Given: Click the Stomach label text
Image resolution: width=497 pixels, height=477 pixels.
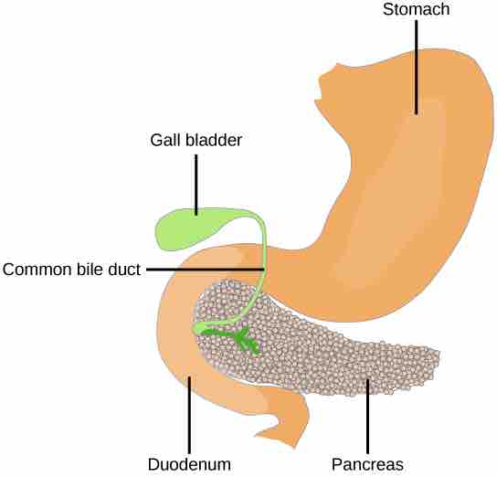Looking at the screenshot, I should coord(416,10).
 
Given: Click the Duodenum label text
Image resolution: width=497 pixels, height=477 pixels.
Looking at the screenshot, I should coord(189,463).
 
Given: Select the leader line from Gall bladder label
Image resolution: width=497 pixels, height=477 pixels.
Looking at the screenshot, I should coord(196,183).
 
